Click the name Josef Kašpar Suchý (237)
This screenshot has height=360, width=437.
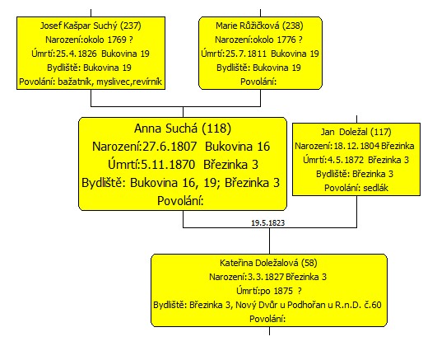point(91,26)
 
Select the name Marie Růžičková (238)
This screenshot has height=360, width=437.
point(259,26)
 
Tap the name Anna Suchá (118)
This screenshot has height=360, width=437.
point(183,129)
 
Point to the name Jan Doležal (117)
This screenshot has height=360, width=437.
point(356,132)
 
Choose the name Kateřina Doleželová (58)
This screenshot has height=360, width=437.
point(268,263)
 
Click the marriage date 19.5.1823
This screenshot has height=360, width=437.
point(268,223)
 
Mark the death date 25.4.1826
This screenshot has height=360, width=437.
point(77,54)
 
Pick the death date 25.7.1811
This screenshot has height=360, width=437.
point(246,54)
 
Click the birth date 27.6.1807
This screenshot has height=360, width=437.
point(170,147)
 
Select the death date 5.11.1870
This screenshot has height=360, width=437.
point(168,165)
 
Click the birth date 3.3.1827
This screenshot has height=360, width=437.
point(266,277)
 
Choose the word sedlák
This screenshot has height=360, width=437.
point(375,188)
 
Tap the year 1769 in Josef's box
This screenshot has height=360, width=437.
point(117,40)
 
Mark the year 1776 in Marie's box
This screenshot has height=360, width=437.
point(286,40)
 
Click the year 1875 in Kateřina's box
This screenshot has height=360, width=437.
point(283,291)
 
